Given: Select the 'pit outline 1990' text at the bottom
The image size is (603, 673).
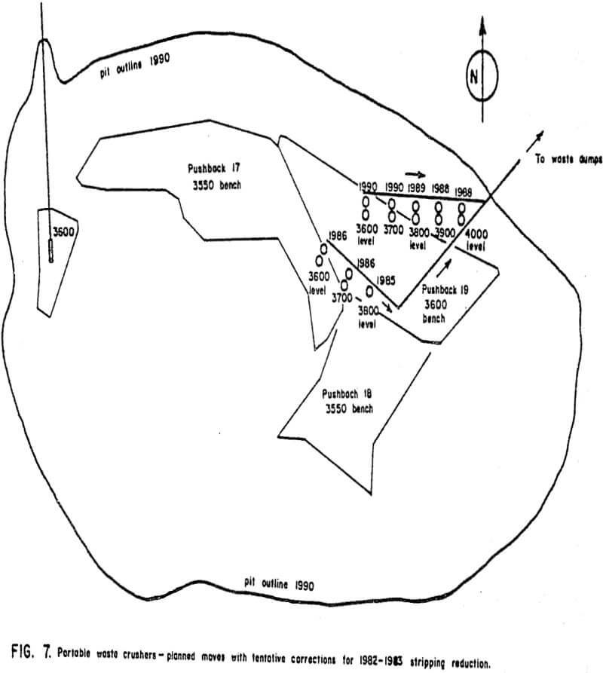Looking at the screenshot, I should (279, 584).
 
